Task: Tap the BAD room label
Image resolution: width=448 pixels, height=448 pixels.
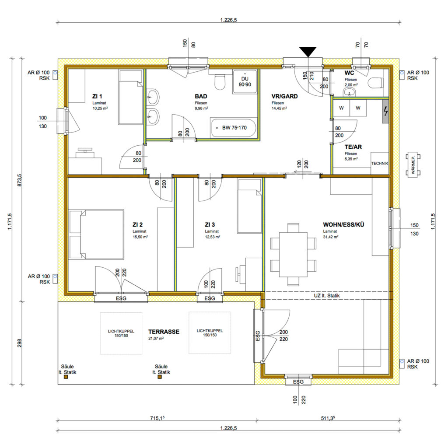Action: click(x=201, y=96)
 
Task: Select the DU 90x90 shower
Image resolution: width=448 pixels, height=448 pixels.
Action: click(x=245, y=81)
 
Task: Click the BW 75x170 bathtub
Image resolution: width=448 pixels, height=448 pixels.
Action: click(x=234, y=128)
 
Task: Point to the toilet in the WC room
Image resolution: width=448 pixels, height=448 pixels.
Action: click(x=375, y=83)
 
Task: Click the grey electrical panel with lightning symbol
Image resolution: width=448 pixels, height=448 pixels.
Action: click(x=385, y=111)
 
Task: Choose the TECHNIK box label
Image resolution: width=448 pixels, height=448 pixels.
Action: click(x=380, y=164)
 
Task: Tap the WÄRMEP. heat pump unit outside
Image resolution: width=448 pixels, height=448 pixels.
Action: click(x=413, y=164)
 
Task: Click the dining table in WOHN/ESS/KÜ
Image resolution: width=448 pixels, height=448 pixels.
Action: click(x=293, y=255)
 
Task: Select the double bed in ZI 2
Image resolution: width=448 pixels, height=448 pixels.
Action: click(x=96, y=234)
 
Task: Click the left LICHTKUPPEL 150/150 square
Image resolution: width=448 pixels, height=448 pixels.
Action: click(x=121, y=333)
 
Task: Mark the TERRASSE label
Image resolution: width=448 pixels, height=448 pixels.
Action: click(x=164, y=332)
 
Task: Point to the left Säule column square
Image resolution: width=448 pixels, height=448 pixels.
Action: click(x=66, y=377)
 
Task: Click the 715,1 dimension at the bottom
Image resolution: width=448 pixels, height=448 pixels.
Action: click(x=157, y=418)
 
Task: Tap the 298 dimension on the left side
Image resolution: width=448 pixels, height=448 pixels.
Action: click(x=19, y=343)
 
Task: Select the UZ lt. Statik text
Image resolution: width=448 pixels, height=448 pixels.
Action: click(x=327, y=295)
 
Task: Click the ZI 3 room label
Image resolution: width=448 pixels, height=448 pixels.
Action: click(x=210, y=224)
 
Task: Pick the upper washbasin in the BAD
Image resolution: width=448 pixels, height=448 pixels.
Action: click(x=153, y=97)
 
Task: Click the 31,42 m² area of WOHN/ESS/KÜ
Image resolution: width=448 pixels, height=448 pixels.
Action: click(x=331, y=237)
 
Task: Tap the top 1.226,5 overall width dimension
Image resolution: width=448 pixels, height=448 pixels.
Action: click(x=228, y=20)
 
